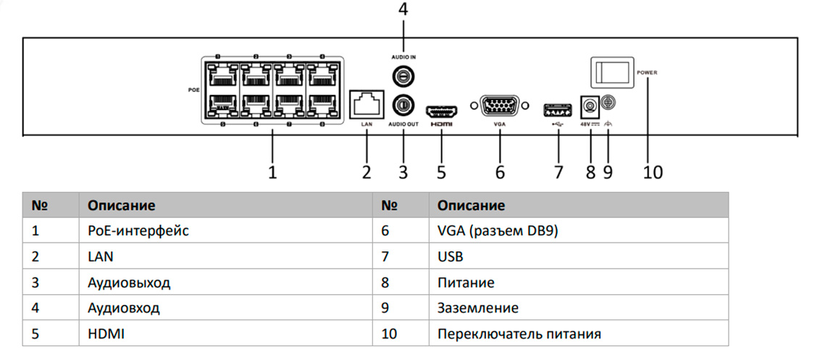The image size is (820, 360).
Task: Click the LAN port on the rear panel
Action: (x=367, y=104)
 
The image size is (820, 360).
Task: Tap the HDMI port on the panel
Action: (x=440, y=112)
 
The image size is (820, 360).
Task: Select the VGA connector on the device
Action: (x=500, y=106)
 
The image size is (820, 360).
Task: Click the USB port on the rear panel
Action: (x=557, y=110)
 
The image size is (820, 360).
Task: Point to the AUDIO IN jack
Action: (x=403, y=75)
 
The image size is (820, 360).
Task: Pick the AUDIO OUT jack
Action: (x=403, y=105)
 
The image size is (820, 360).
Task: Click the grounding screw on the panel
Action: (x=608, y=104)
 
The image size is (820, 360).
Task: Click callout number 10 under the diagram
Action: (x=652, y=172)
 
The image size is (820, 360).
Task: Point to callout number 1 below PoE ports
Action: (x=272, y=172)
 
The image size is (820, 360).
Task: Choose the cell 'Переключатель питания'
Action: (x=519, y=334)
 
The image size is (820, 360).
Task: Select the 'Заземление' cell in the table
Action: (x=478, y=308)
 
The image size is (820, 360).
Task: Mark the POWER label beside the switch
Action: (x=648, y=73)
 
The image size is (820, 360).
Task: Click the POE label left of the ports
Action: (x=193, y=91)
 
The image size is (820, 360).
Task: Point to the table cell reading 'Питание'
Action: (x=466, y=282)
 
